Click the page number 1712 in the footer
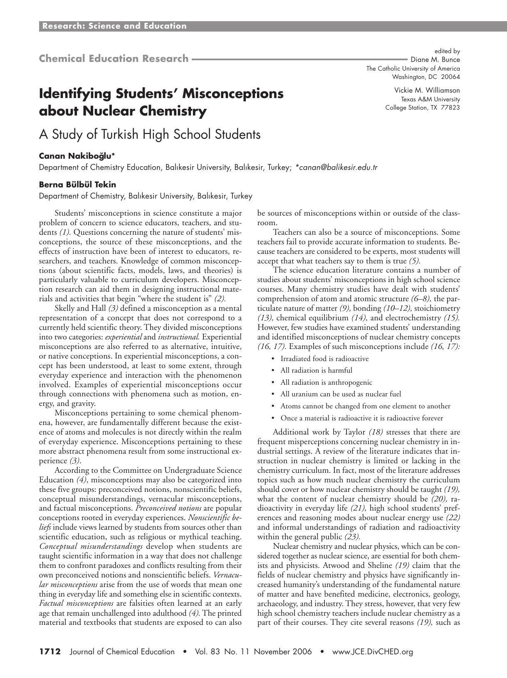(50, 651)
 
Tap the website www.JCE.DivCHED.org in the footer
(372, 651)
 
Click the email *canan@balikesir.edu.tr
(336, 167)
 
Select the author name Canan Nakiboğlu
(77, 156)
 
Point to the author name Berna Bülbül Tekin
(77, 184)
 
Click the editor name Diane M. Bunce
(435, 59)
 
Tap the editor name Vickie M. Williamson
(427, 90)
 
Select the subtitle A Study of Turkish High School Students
(150, 134)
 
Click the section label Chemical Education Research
(114, 59)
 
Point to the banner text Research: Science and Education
(114, 26)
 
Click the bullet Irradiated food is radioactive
(324, 359)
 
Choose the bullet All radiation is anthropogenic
(326, 382)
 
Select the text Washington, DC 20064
(426, 77)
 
